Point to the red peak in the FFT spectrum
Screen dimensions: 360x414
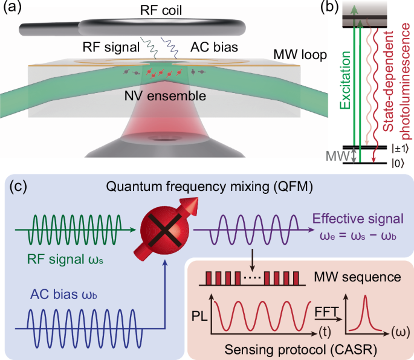point(366,314)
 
